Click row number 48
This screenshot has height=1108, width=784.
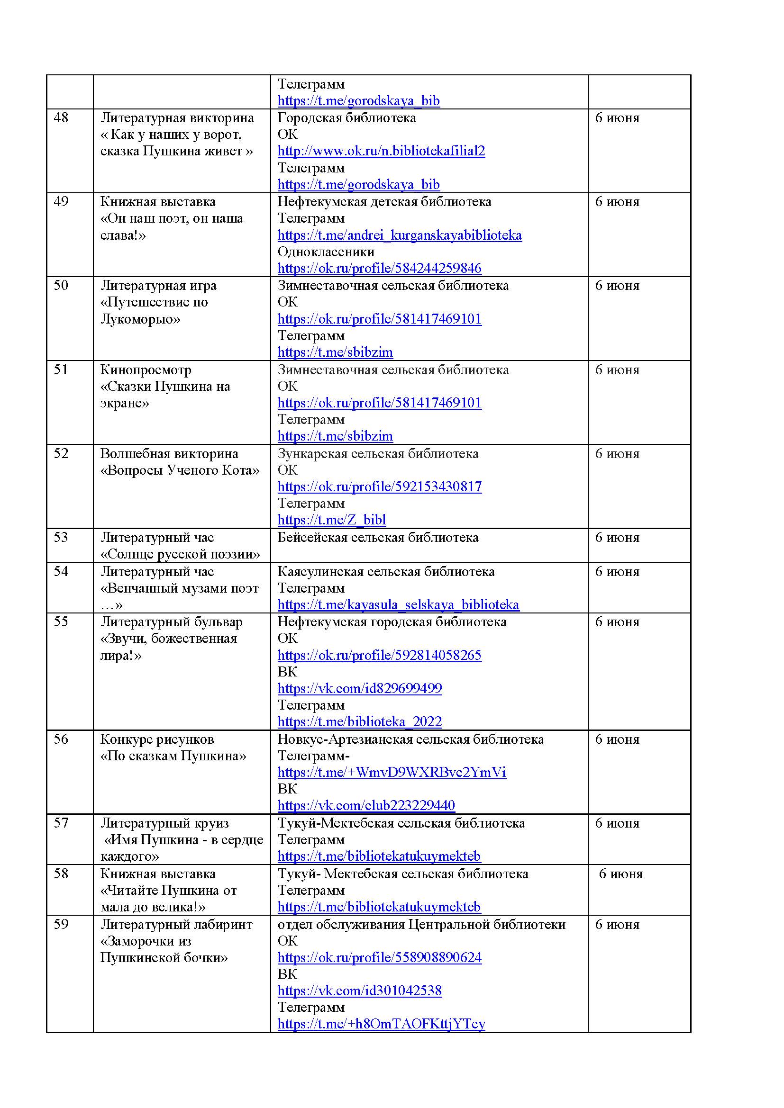click(x=61, y=118)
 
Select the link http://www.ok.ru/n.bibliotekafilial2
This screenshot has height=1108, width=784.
click(x=381, y=151)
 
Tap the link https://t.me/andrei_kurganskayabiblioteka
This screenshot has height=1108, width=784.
click(x=399, y=235)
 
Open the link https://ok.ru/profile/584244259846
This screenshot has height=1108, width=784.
click(x=380, y=268)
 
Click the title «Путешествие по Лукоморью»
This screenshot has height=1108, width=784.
click(x=154, y=311)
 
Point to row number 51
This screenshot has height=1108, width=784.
click(x=61, y=369)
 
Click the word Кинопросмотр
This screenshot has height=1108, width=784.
click(x=146, y=369)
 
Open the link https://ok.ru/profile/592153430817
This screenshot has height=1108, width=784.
click(x=380, y=486)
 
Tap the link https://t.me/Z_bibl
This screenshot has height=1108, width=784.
click(x=332, y=520)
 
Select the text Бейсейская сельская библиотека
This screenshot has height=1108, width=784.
click(x=377, y=538)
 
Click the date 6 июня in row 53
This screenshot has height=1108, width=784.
click(x=617, y=538)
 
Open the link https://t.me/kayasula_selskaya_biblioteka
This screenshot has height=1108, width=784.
click(x=398, y=604)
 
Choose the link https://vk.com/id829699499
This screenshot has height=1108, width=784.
click(x=360, y=688)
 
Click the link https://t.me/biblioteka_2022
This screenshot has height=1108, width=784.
click(x=360, y=721)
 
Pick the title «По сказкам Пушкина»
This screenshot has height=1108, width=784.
click(x=173, y=756)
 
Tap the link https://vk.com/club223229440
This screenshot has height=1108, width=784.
click(x=366, y=805)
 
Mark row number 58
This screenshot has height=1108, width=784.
click(x=61, y=874)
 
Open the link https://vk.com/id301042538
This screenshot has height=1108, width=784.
click(x=360, y=991)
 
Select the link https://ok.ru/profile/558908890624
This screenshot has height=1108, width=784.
click(x=380, y=957)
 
